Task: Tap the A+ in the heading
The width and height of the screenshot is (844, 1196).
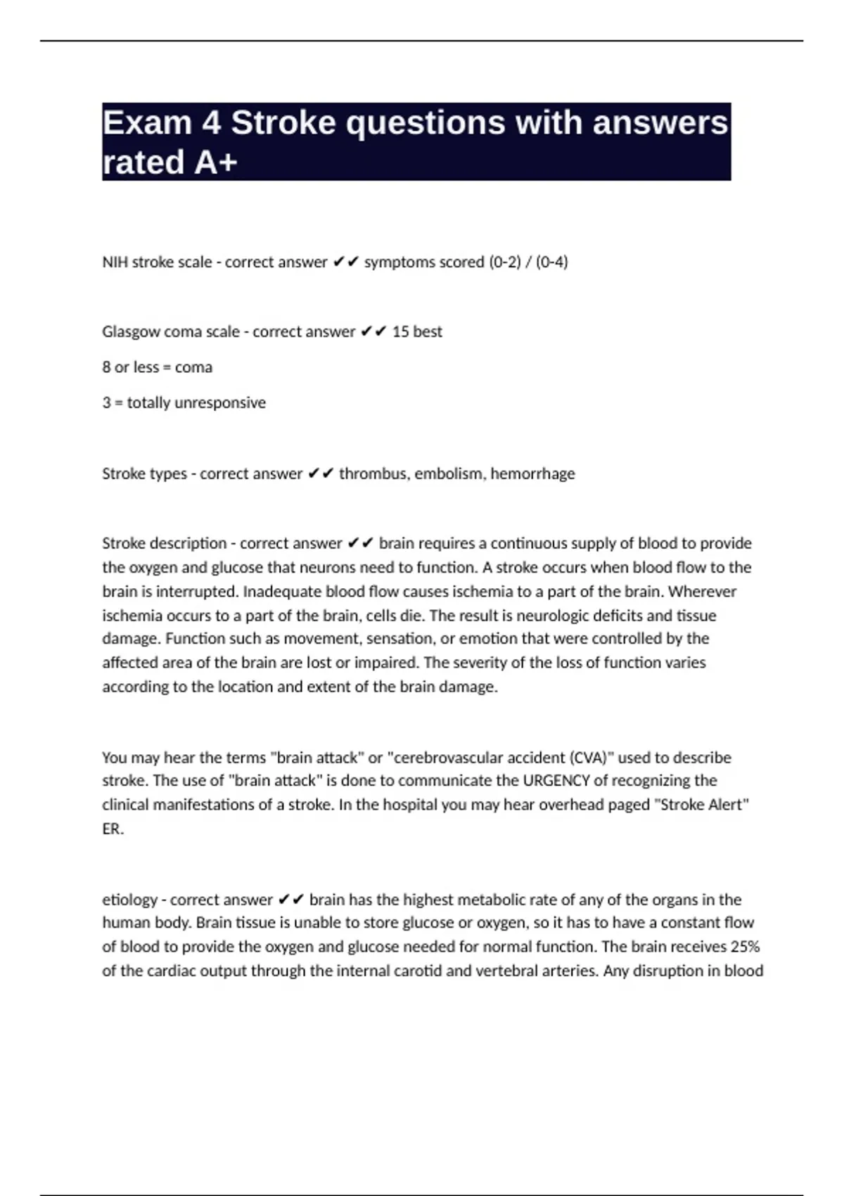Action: point(215,162)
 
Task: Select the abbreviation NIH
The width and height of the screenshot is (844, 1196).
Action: point(115,262)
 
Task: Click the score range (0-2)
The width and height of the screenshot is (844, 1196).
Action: point(504,262)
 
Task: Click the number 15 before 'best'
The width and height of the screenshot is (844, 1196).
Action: point(400,331)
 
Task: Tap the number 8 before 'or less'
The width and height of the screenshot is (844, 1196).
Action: point(106,367)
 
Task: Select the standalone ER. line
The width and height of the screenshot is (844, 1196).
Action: point(113,829)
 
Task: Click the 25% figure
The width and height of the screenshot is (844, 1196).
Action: point(745,947)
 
